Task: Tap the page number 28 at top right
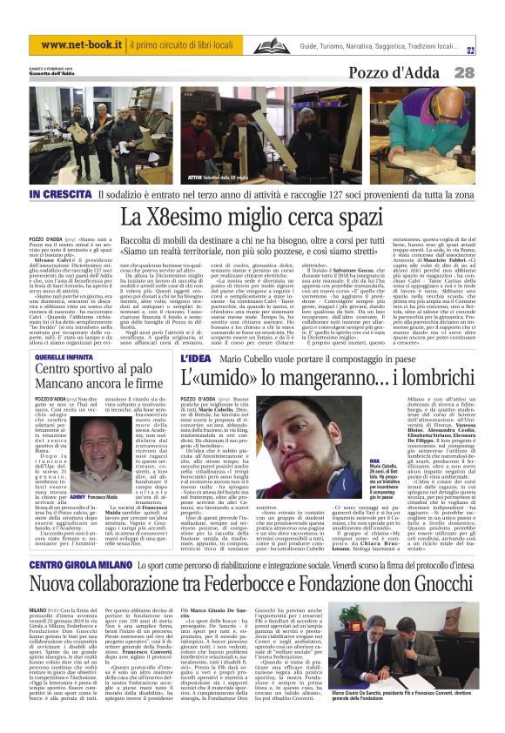click(x=488, y=73)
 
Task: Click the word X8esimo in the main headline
click(x=174, y=215)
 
